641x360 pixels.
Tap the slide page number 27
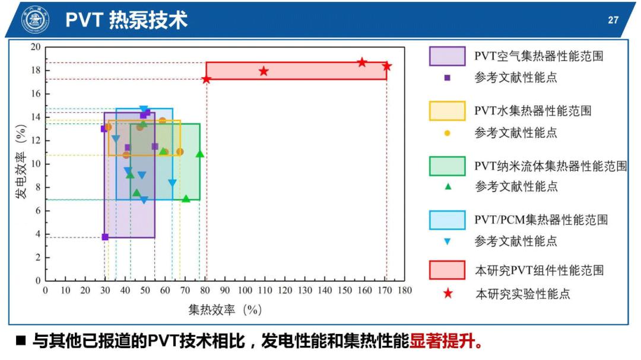tap(613, 20)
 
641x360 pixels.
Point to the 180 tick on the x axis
tap(405, 291)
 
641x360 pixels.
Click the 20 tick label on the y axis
tap(36, 47)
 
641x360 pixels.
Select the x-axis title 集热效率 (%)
tap(225, 310)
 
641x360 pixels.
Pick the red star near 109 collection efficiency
tap(264, 71)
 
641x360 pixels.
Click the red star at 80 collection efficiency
tap(207, 79)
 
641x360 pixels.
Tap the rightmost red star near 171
tap(387, 66)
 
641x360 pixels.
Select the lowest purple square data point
tap(105, 237)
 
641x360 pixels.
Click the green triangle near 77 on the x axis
tap(200, 154)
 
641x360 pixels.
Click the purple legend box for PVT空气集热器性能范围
tap(447, 56)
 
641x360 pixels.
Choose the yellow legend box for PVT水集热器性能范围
tap(447, 111)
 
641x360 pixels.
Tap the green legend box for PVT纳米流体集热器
tap(447, 165)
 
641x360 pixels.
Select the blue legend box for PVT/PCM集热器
tap(447, 220)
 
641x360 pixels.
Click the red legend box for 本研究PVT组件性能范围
tap(447, 270)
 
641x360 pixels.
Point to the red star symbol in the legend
tap(448, 293)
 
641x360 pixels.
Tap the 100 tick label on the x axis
tap(245, 291)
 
